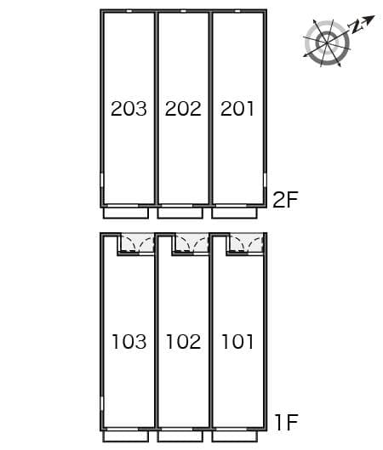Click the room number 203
click(129, 109)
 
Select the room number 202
click(183, 109)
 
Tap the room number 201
click(237, 109)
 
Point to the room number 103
click(129, 342)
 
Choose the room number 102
click(183, 342)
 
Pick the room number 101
click(237, 342)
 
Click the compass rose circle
click(326, 43)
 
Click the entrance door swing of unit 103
click(135, 244)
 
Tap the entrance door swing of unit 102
click(191, 244)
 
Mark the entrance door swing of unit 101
click(246, 244)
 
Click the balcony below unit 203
click(128, 213)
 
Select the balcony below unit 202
click(181, 213)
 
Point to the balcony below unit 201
click(236, 213)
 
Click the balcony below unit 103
click(128, 435)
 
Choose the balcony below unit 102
click(181, 435)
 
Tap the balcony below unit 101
click(236, 435)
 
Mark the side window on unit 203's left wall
click(102, 181)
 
